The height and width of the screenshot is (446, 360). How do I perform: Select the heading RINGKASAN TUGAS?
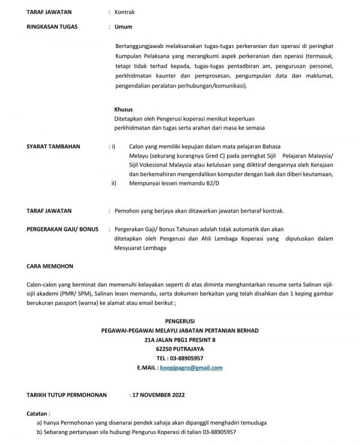click(x=52, y=27)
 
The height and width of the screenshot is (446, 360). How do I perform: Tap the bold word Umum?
click(x=124, y=27)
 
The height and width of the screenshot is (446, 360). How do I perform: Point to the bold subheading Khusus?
click(x=124, y=110)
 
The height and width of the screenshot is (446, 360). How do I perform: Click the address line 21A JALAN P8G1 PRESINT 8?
click(x=180, y=339)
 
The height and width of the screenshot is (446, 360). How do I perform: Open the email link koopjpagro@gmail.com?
click(x=195, y=367)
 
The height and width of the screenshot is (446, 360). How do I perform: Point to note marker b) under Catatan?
click(x=40, y=432)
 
